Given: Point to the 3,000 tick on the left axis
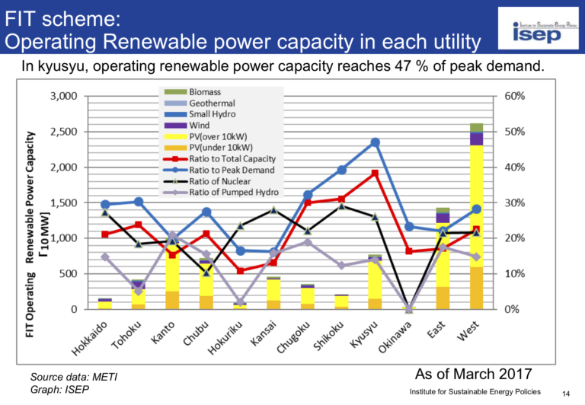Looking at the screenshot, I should pos(63,97).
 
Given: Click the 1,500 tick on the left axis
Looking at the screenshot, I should pos(63,202).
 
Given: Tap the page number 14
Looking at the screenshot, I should pos(566,392).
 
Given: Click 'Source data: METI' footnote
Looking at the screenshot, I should pos(74,377).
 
